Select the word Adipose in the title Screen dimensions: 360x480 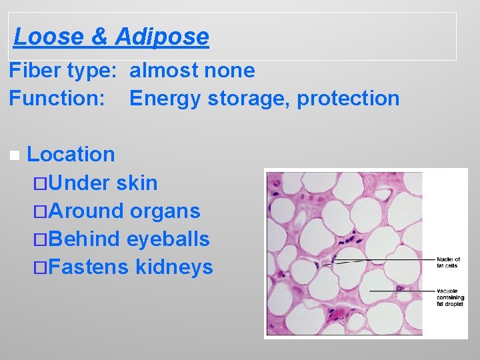[162, 36]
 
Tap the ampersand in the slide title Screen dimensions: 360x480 [98, 36]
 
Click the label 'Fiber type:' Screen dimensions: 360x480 [64, 70]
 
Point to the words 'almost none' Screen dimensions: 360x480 [192, 70]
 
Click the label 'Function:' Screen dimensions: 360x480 [57, 98]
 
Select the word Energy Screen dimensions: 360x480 [165, 98]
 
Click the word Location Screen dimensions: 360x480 [71, 154]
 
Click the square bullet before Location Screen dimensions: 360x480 [15, 155]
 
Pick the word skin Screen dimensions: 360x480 [137, 183]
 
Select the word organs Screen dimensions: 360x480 [165, 211]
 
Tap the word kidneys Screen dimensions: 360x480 [174, 267]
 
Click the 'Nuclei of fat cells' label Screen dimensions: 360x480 [448, 262]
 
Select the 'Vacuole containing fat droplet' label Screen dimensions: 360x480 [451, 297]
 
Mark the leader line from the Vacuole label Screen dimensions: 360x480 [400, 291]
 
